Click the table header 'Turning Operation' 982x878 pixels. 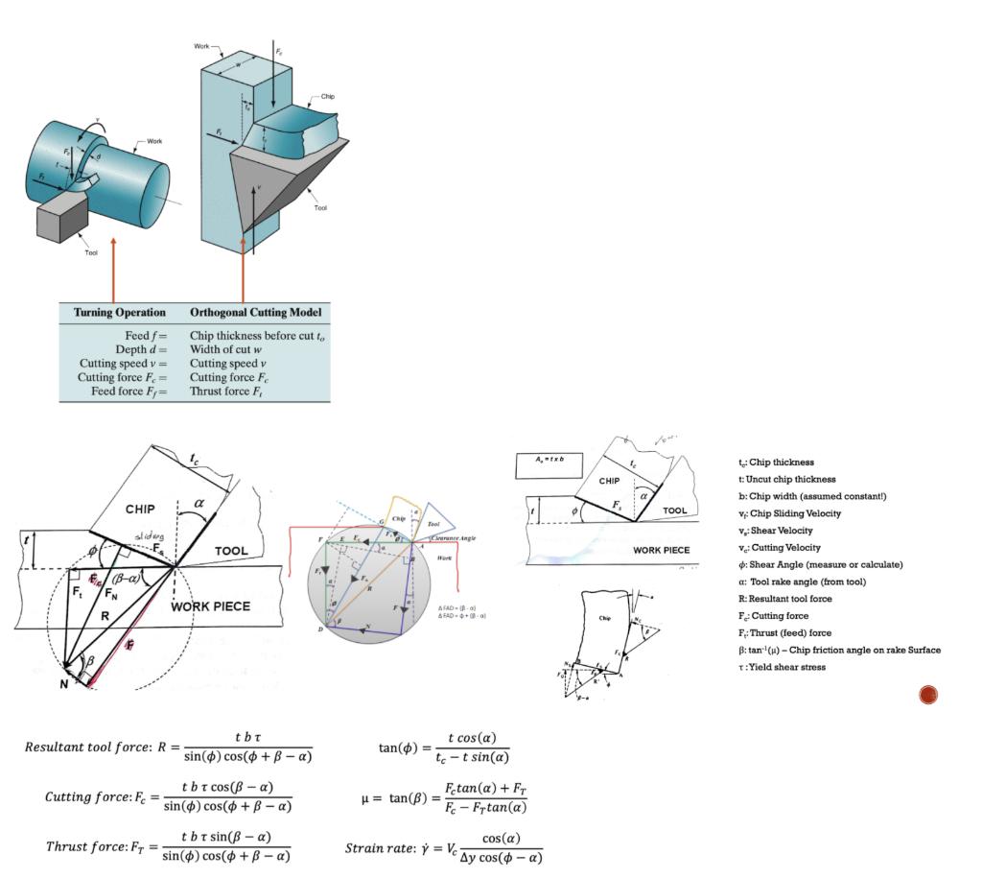pyautogui.click(x=120, y=313)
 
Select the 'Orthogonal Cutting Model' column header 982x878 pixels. pyautogui.click(x=254, y=313)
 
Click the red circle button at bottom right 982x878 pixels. pyautogui.click(x=927, y=695)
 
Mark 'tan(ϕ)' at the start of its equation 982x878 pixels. pyautogui.click(x=400, y=747)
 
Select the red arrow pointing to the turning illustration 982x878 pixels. pyautogui.click(x=114, y=274)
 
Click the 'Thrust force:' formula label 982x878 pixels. pyautogui.click(x=85, y=846)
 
